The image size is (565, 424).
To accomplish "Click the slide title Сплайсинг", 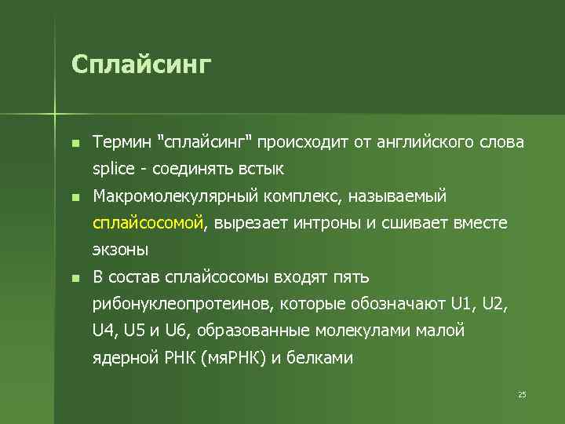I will tap(141, 64).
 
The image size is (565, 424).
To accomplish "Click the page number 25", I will tap(522, 394).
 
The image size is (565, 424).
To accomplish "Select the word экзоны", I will tap(119, 250).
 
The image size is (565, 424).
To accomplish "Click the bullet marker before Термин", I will tap(75, 144).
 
